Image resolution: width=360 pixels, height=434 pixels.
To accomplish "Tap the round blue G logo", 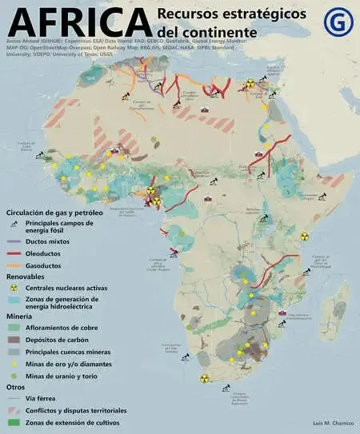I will [x=338, y=22].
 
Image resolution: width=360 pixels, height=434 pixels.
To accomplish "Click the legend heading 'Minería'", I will [x=19, y=317].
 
